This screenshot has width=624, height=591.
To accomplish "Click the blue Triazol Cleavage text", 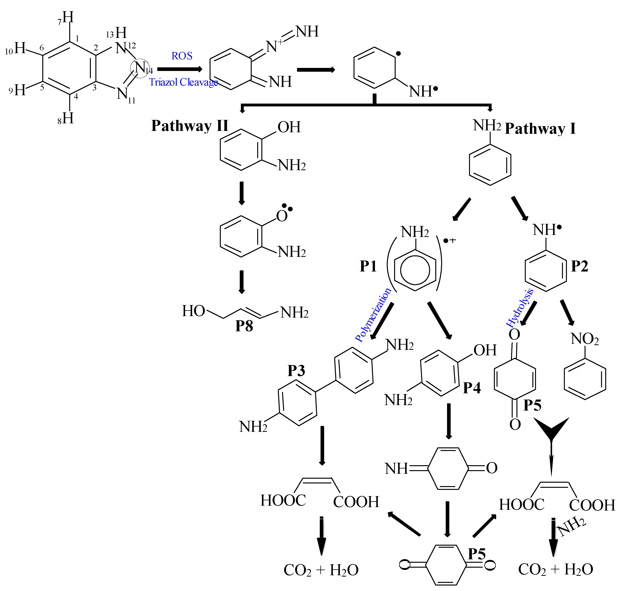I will point(183,82).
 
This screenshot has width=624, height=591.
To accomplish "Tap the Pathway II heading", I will point(190,126).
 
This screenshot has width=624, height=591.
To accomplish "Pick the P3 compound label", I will point(296,371).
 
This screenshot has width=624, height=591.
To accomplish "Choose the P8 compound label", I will point(244,326).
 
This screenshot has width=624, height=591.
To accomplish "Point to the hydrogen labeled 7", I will point(67,17).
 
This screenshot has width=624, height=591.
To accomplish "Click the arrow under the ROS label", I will point(180,69).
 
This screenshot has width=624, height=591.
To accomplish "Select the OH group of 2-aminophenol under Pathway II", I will point(289,127).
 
